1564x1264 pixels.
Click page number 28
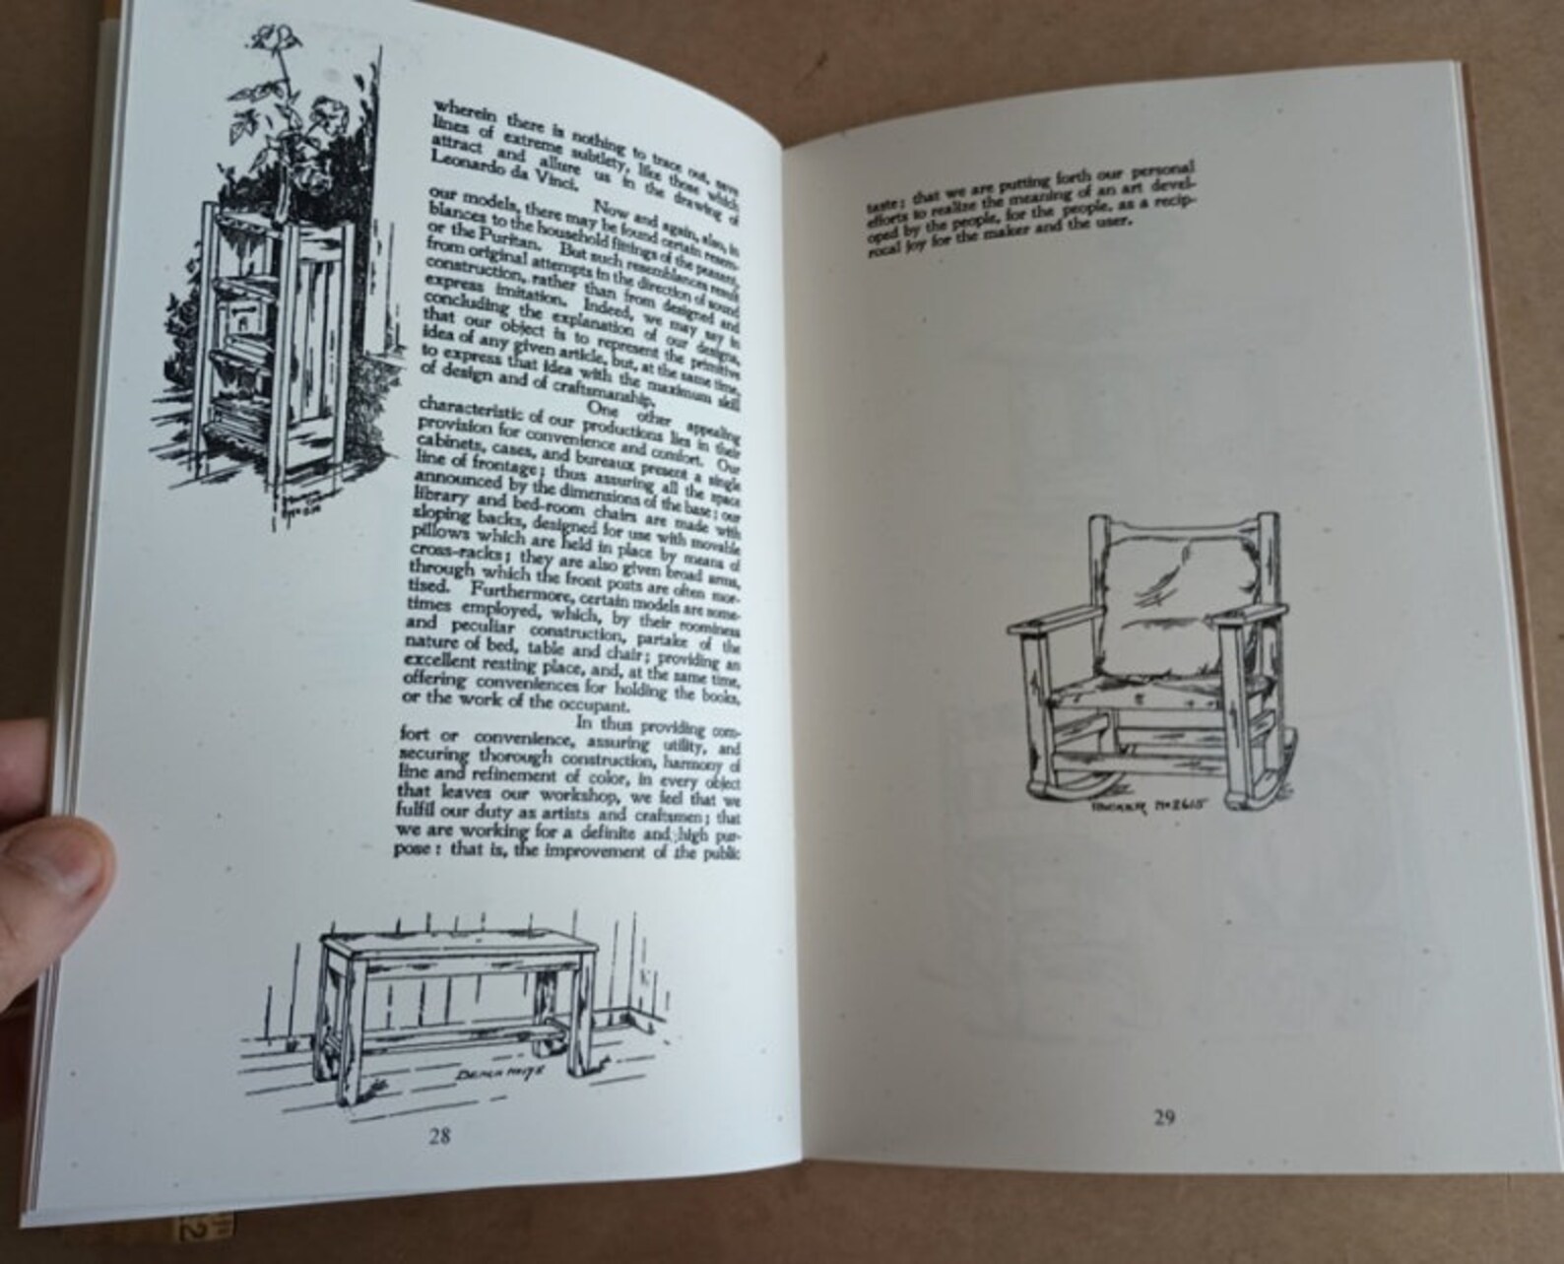pos(439,1135)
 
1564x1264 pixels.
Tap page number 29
pos(1164,1117)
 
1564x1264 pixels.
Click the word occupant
pos(592,705)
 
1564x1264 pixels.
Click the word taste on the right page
pos(877,208)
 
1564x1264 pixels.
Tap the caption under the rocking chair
pos(1147,805)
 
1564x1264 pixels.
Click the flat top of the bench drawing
pos(458,945)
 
